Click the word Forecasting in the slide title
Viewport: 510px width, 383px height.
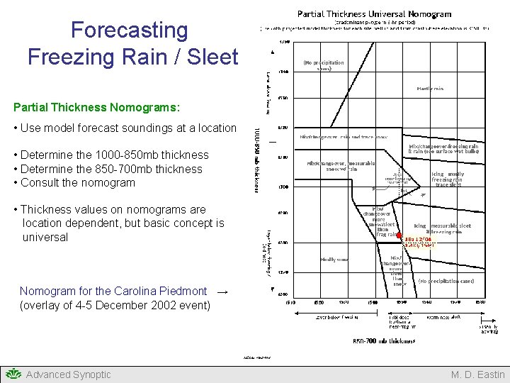tap(129, 30)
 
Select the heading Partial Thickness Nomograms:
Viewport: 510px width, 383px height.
tap(96, 108)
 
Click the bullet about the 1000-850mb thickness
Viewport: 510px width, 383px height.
tap(115, 155)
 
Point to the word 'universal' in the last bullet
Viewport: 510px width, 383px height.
tap(45, 237)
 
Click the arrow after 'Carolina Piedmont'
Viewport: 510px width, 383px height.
tap(222, 291)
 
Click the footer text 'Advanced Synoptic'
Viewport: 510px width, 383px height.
tap(68, 374)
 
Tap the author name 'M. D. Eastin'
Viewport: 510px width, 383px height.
tap(478, 374)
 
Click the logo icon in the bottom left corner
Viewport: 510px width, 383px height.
tap(13, 374)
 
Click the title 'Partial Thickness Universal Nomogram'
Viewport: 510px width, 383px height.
tap(374, 13)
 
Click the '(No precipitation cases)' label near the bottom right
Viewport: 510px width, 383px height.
tap(446, 281)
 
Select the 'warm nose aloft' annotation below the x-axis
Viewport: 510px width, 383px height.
tap(446, 317)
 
